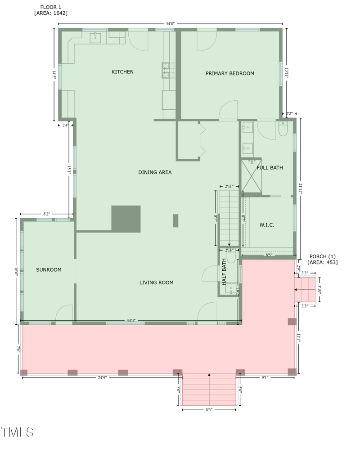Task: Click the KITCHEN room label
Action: pyautogui.click(x=122, y=72)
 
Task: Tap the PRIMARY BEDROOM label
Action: pyautogui.click(x=230, y=73)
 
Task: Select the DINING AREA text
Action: pyautogui.click(x=155, y=172)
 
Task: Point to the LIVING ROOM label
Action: pyautogui.click(x=156, y=283)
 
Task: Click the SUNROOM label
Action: pyautogui.click(x=49, y=270)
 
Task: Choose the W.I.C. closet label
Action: pyautogui.click(x=267, y=225)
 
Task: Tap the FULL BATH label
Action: pyautogui.click(x=270, y=168)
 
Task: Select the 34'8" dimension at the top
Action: pyautogui.click(x=170, y=23)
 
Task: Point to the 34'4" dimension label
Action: pyautogui.click(x=131, y=321)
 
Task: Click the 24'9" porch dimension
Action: pyautogui.click(x=103, y=377)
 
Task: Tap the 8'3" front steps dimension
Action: pyautogui.click(x=209, y=410)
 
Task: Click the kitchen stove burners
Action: pyautogui.click(x=168, y=70)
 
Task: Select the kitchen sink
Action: pyautogui.click(x=95, y=38)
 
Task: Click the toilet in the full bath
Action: pyautogui.click(x=283, y=130)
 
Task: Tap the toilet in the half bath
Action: pyautogui.click(x=231, y=257)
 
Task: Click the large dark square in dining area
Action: pyautogui.click(x=126, y=219)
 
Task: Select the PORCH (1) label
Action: pyautogui.click(x=322, y=259)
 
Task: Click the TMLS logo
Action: pyautogui.click(x=18, y=433)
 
